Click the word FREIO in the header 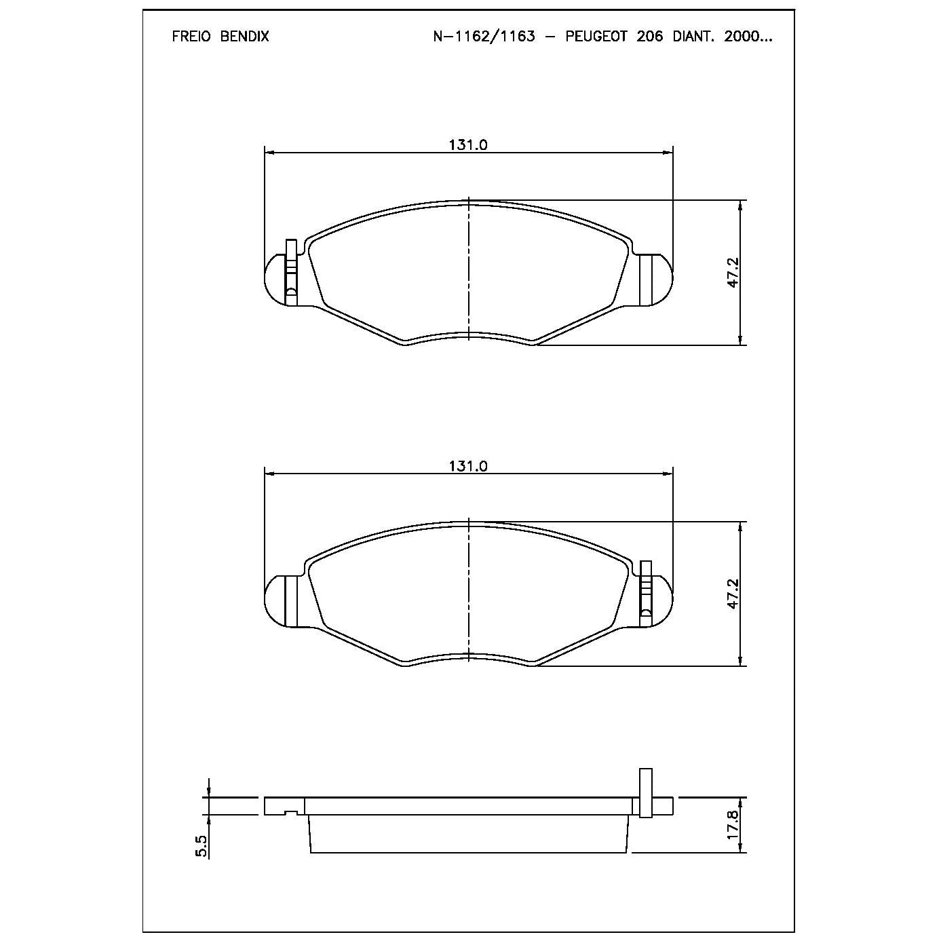coord(191,37)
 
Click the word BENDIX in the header coord(244,37)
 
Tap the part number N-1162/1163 coord(484,37)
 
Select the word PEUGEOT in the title coord(596,37)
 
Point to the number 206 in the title coord(649,37)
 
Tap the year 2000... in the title coord(748,37)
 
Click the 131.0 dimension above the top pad coord(468,145)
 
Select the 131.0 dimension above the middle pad coord(468,466)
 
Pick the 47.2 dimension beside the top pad coord(734,273)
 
